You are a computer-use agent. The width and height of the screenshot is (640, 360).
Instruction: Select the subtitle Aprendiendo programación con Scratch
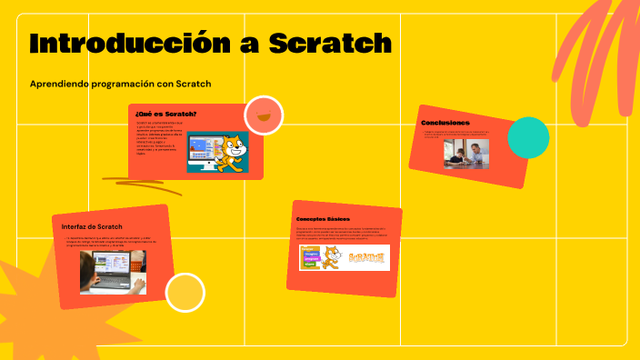(x=120, y=84)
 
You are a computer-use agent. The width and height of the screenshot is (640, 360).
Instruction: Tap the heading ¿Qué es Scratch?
(x=165, y=114)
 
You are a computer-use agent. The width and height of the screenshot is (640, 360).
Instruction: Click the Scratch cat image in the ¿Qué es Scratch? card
(x=217, y=152)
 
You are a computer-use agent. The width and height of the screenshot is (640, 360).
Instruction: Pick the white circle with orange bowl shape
(x=264, y=115)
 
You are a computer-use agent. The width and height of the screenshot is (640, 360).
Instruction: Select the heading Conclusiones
(x=445, y=122)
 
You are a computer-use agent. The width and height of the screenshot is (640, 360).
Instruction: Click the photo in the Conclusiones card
(x=466, y=153)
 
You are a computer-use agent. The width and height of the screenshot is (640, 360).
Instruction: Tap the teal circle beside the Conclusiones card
(x=527, y=137)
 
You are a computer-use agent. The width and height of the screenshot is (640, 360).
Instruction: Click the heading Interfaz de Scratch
(x=92, y=225)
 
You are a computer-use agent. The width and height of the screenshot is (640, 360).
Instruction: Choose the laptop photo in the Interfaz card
(x=113, y=272)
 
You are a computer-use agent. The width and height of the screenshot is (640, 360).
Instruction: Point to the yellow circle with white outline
(x=185, y=293)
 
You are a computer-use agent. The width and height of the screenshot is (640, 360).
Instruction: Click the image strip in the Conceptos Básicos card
(x=344, y=257)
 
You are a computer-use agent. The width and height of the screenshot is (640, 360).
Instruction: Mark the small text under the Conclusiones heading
(x=464, y=134)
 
